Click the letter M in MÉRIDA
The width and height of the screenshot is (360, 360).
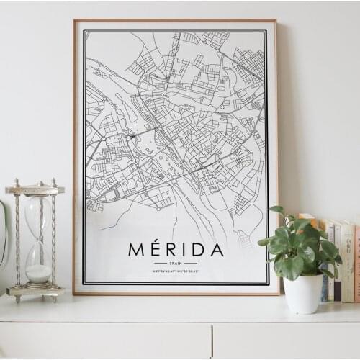[x=136, y=250]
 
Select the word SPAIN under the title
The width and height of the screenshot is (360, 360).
[x=176, y=264]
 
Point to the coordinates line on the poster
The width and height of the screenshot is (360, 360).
[x=176, y=271]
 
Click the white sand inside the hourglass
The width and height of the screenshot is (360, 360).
[x=39, y=272]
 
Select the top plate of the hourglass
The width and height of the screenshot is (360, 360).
[x=35, y=189]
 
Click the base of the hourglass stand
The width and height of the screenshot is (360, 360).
[x=35, y=292]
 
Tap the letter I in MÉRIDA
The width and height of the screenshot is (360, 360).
[x=184, y=250]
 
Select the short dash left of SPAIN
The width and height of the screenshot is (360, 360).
[x=161, y=264]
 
